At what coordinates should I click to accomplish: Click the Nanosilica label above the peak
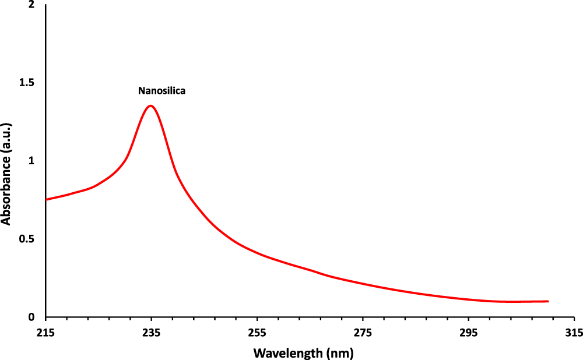161,90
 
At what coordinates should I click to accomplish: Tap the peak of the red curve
151,105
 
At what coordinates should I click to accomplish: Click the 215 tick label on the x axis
45,333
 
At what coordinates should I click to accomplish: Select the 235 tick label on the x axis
151,333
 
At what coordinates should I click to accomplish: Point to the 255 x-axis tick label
257,333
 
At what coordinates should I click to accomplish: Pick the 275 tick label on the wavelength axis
363,333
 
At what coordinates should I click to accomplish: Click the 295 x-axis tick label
468,333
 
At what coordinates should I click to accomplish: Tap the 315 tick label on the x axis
574,333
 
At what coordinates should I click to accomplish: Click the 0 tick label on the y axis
33,317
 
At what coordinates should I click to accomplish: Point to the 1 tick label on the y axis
33,161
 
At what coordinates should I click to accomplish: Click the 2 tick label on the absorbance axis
33,5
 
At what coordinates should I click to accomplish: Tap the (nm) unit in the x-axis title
340,352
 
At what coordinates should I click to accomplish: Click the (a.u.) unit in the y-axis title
6,139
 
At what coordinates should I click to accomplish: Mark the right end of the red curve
548,301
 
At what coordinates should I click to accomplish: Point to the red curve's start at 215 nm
46,199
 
